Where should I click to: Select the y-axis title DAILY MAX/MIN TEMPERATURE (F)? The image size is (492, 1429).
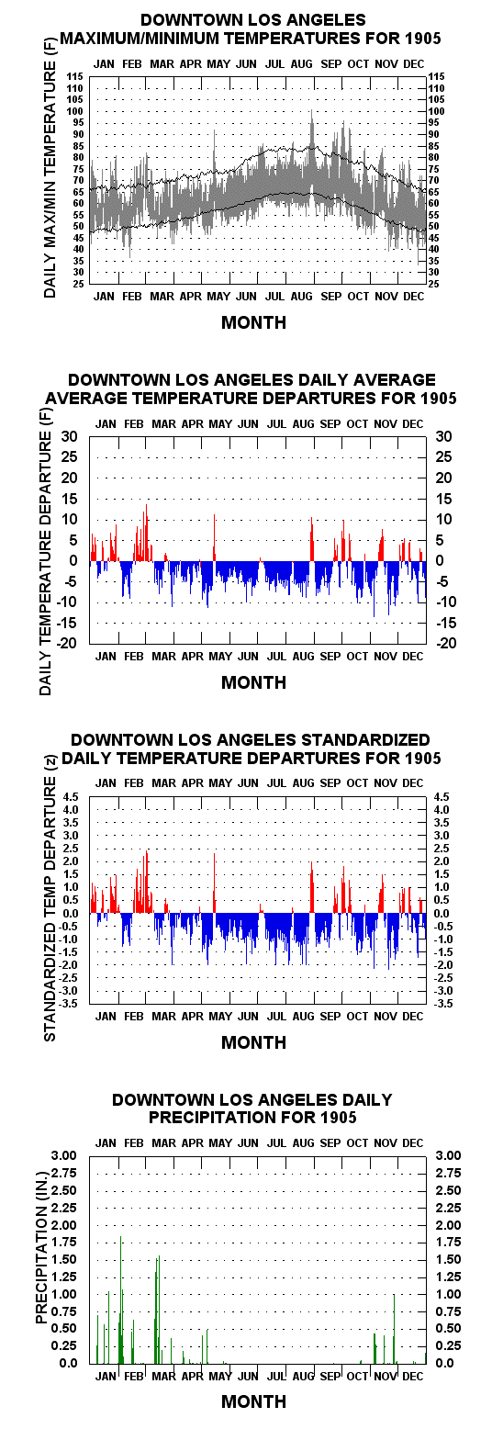click(50, 166)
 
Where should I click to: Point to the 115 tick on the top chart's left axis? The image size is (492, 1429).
click(76, 76)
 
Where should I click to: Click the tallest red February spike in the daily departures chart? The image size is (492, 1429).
click(146, 505)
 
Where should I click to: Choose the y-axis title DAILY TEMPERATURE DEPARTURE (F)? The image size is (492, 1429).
click(46, 551)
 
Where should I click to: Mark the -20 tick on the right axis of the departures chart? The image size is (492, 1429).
click(446, 643)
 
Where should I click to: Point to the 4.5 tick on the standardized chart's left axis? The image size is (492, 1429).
click(71, 797)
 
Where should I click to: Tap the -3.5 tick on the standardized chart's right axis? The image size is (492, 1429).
click(443, 1004)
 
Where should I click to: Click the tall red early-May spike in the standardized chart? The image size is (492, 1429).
click(214, 855)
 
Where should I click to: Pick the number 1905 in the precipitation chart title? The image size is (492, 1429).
click(339, 1117)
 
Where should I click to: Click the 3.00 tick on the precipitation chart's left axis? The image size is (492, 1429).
click(63, 1155)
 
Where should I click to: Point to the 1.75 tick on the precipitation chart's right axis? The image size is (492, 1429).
click(449, 1242)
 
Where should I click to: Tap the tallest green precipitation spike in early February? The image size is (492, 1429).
click(120, 1237)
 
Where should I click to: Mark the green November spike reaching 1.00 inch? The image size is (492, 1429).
click(394, 1295)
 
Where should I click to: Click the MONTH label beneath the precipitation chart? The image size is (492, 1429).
click(253, 1401)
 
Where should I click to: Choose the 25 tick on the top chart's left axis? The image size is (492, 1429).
click(78, 284)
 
